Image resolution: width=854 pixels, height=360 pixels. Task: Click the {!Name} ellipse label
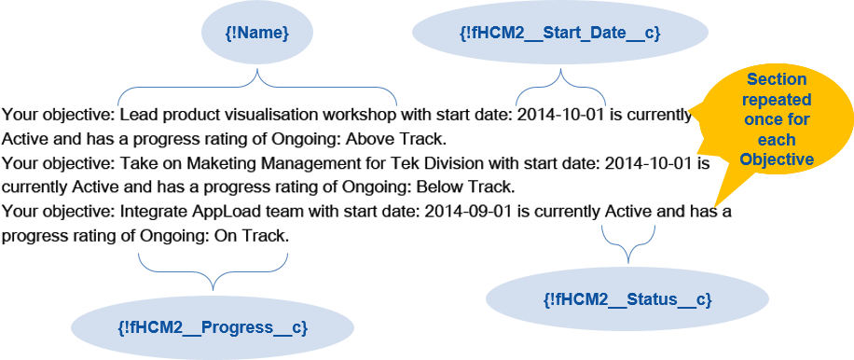point(257,33)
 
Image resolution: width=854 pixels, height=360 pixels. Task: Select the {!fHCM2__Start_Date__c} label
point(560,33)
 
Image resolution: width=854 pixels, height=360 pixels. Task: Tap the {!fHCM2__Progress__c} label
point(213,327)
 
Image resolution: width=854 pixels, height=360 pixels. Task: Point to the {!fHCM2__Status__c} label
point(627,299)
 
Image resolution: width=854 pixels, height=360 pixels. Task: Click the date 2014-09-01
point(468,212)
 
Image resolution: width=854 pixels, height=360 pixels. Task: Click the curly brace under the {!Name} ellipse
point(257,86)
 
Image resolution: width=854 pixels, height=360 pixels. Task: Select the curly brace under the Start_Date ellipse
point(561,86)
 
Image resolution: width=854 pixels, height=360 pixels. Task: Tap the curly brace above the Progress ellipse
point(213,271)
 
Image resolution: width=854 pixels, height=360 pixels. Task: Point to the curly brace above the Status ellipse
point(628,244)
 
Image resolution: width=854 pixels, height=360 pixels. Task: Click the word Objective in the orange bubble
point(777,159)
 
